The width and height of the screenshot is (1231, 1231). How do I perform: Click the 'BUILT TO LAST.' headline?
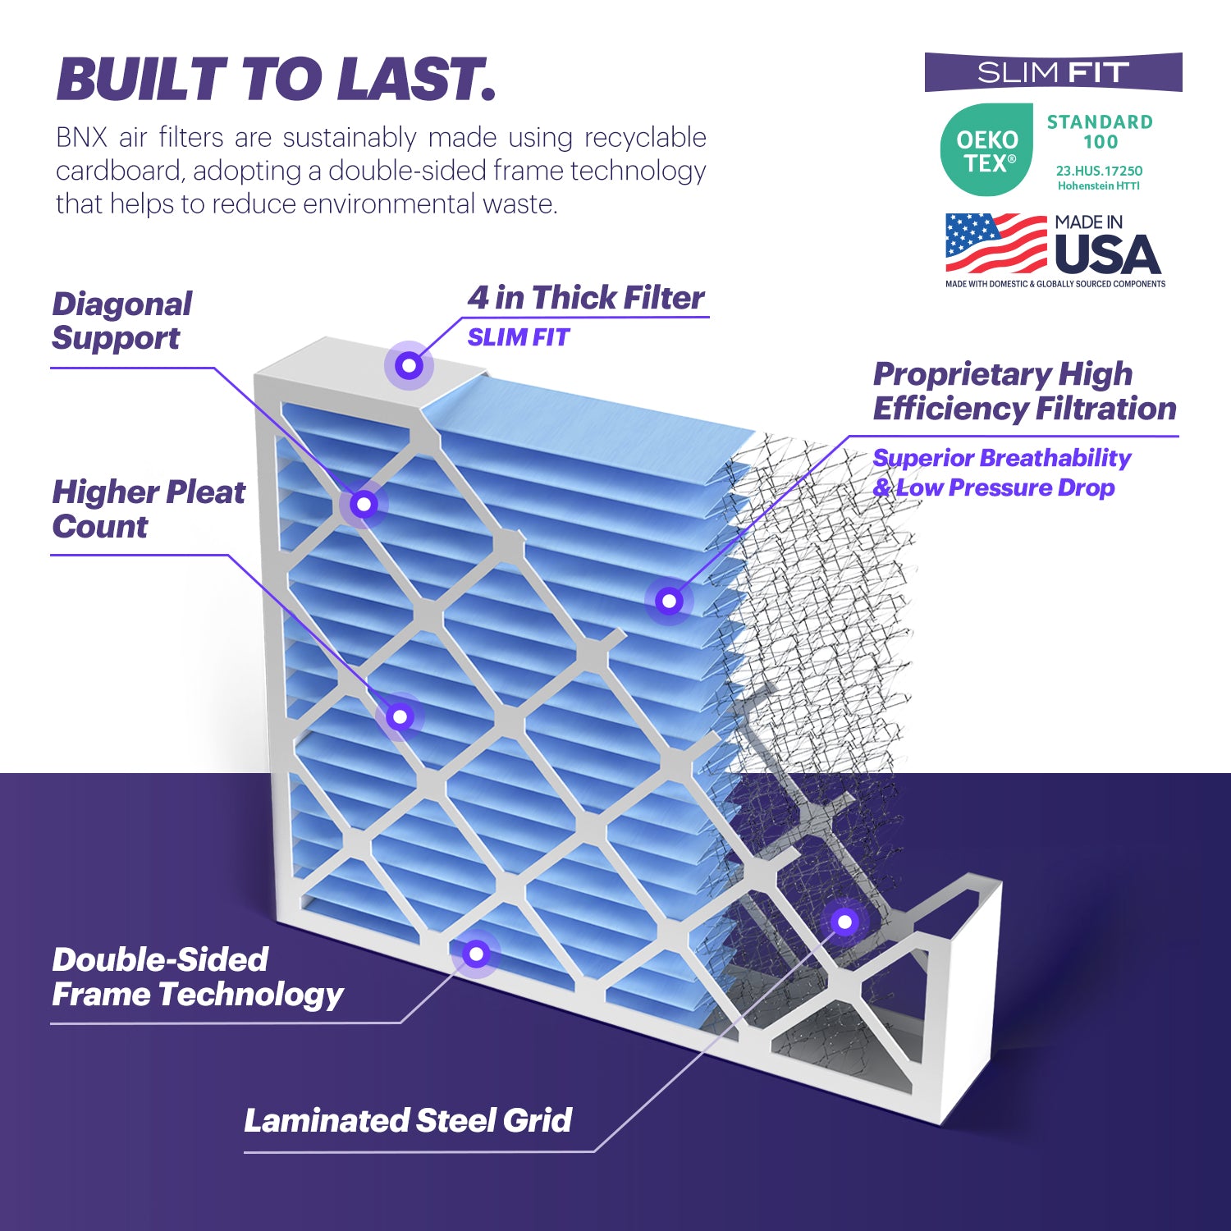pyautogui.click(x=276, y=80)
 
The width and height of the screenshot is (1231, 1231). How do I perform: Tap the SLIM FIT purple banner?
pyautogui.click(x=1053, y=73)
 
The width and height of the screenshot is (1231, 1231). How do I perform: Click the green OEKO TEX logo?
pyautogui.click(x=986, y=150)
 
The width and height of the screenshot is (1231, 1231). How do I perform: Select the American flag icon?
pyautogui.click(x=996, y=244)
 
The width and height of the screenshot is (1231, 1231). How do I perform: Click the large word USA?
pyautogui.click(x=1107, y=255)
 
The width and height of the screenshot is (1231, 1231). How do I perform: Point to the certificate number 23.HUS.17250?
pyautogui.click(x=1099, y=171)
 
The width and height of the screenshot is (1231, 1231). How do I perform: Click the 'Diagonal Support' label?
pyautogui.click(x=121, y=321)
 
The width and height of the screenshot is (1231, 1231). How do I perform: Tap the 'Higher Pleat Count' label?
pyautogui.click(x=148, y=509)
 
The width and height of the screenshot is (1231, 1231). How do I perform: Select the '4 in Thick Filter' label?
pyautogui.click(x=586, y=298)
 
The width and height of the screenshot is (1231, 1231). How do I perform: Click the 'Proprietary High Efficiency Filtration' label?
pyautogui.click(x=1024, y=391)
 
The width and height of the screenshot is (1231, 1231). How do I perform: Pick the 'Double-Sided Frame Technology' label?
pyautogui.click(x=197, y=977)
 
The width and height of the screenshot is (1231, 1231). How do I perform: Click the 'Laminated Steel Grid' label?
pyautogui.click(x=408, y=1120)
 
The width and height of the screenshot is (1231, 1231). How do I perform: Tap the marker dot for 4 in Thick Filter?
pyautogui.click(x=409, y=365)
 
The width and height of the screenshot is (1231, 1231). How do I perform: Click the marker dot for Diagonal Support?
pyautogui.click(x=364, y=504)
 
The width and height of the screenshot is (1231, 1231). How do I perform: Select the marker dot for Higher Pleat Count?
pyautogui.click(x=400, y=716)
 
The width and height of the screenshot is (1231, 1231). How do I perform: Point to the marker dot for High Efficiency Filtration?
pyautogui.click(x=669, y=601)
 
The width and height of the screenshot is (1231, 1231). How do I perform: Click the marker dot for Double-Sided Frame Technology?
pyautogui.click(x=476, y=954)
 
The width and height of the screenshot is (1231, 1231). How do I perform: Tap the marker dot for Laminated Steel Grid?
pyautogui.click(x=844, y=922)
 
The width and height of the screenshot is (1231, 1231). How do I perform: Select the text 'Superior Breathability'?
pyautogui.click(x=1001, y=458)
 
